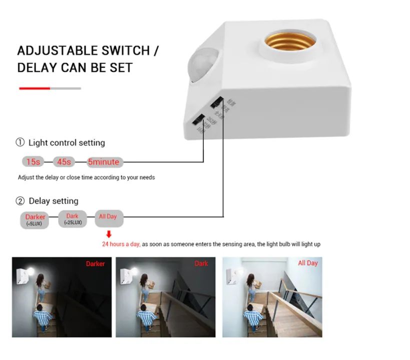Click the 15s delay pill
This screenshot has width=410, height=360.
[33, 161]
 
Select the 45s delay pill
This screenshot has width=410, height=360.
[64, 161]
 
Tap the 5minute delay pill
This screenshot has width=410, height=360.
[104, 161]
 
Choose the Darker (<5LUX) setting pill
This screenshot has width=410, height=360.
[35, 219]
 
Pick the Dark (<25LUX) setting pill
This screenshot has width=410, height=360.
[73, 219]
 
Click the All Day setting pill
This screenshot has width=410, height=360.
[108, 216]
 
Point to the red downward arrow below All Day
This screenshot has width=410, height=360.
[109, 234]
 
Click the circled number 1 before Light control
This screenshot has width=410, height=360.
[20, 142]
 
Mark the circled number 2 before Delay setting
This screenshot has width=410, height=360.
[20, 201]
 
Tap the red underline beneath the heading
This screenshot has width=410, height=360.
[35, 88]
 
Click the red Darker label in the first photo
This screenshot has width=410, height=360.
[95, 263]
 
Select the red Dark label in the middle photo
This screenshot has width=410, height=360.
[201, 263]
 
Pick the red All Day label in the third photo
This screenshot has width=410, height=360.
[307, 263]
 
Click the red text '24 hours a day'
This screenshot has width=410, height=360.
[120, 244]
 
